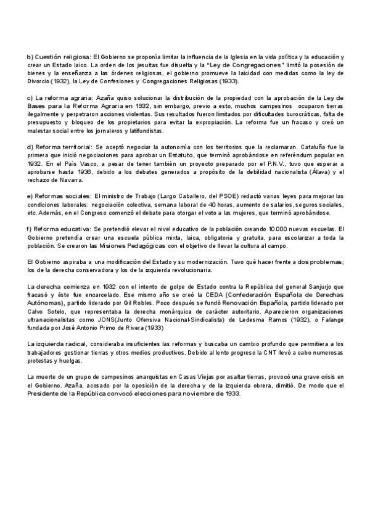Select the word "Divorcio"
click(x=39, y=81)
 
